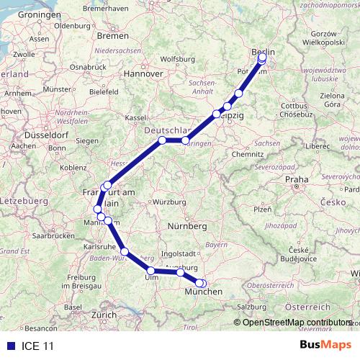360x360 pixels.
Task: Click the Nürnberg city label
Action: point(187,227)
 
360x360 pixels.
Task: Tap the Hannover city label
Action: point(143,73)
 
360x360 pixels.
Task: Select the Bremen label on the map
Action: point(113,35)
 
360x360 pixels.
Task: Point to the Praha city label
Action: point(296,179)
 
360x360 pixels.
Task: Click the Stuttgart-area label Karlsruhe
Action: point(100,246)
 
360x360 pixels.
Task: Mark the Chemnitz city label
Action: point(248,153)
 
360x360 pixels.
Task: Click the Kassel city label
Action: point(135,117)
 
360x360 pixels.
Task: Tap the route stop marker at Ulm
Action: point(150,271)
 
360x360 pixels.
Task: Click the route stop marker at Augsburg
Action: point(180,272)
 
